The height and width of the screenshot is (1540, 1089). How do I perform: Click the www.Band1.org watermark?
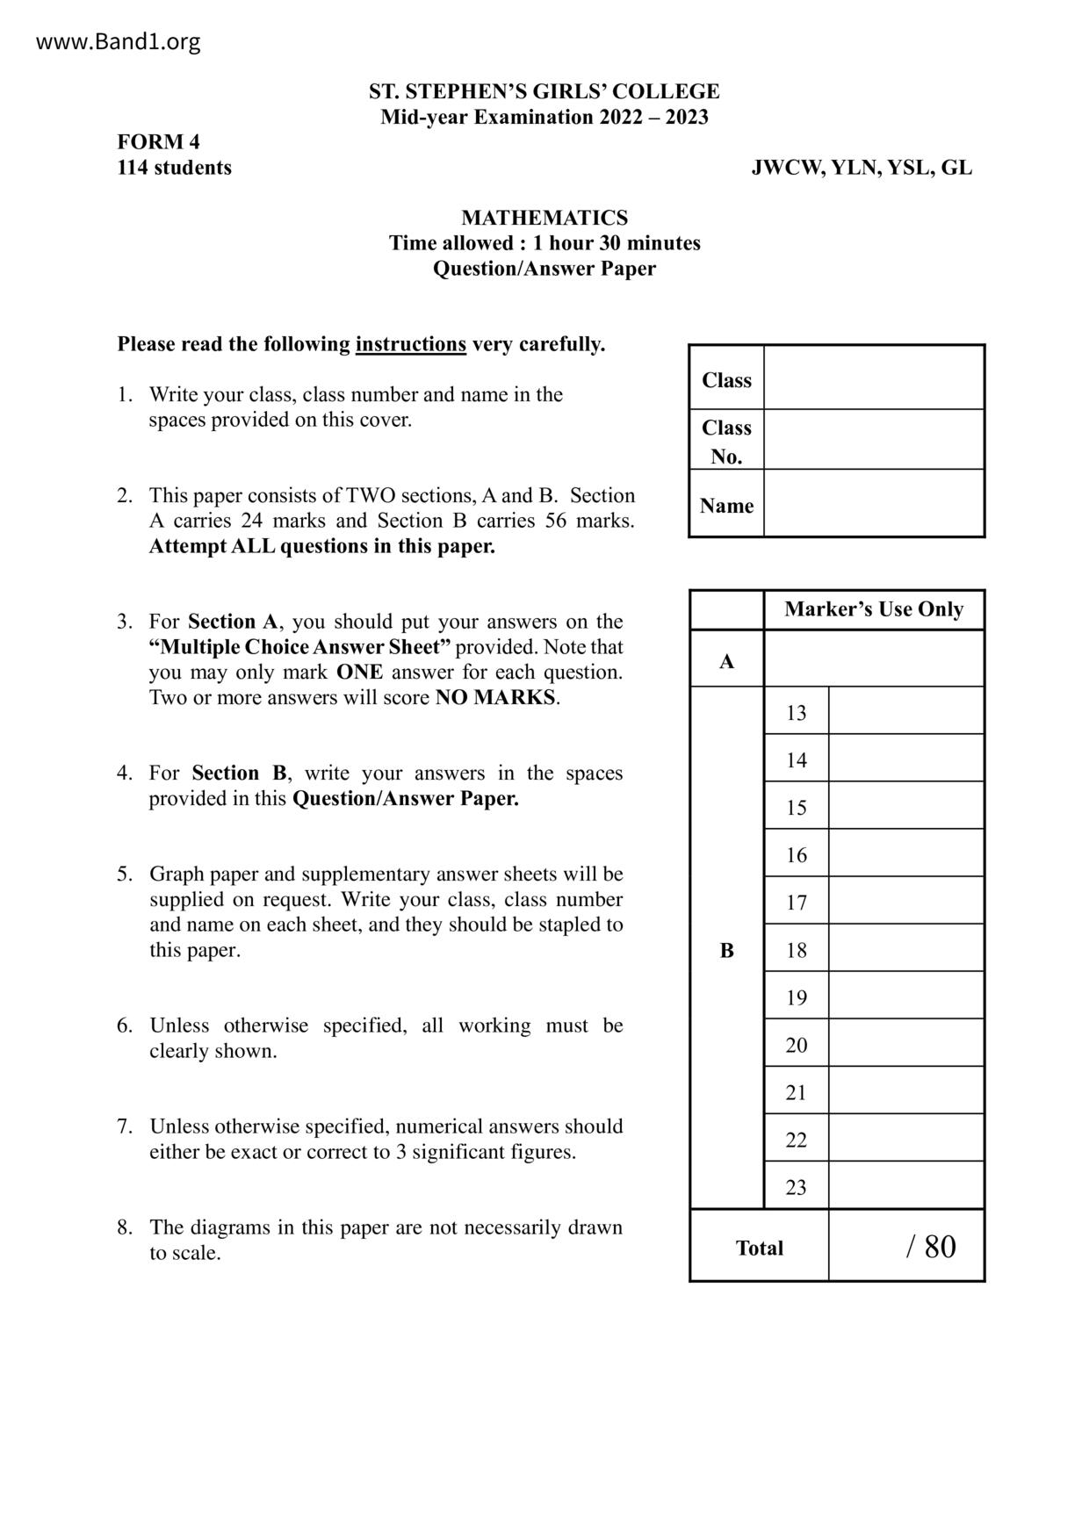click(118, 41)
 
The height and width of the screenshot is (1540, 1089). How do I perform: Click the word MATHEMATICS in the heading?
click(544, 218)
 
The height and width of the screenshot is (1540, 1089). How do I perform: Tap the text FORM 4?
click(159, 142)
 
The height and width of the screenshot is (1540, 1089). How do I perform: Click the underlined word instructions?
click(410, 344)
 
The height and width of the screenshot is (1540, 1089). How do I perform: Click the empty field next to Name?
click(873, 504)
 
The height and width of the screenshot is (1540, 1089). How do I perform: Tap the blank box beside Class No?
click(873, 440)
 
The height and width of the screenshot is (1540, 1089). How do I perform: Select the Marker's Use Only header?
click(873, 609)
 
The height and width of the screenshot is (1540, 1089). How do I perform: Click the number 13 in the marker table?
click(796, 713)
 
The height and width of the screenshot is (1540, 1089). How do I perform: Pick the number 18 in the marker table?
click(796, 950)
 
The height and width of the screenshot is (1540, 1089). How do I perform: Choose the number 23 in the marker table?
click(796, 1187)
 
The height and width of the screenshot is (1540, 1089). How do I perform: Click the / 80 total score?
click(931, 1247)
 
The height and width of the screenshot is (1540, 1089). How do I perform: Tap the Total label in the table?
click(759, 1249)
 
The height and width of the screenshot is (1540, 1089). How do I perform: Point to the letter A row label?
click(726, 661)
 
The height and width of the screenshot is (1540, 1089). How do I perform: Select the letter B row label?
click(726, 950)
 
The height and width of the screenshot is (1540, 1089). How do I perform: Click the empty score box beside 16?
click(905, 853)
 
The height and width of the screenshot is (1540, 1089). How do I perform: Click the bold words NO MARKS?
click(495, 698)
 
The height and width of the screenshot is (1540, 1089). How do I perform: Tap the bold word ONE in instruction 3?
click(359, 673)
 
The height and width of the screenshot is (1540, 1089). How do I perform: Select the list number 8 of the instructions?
click(124, 1227)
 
